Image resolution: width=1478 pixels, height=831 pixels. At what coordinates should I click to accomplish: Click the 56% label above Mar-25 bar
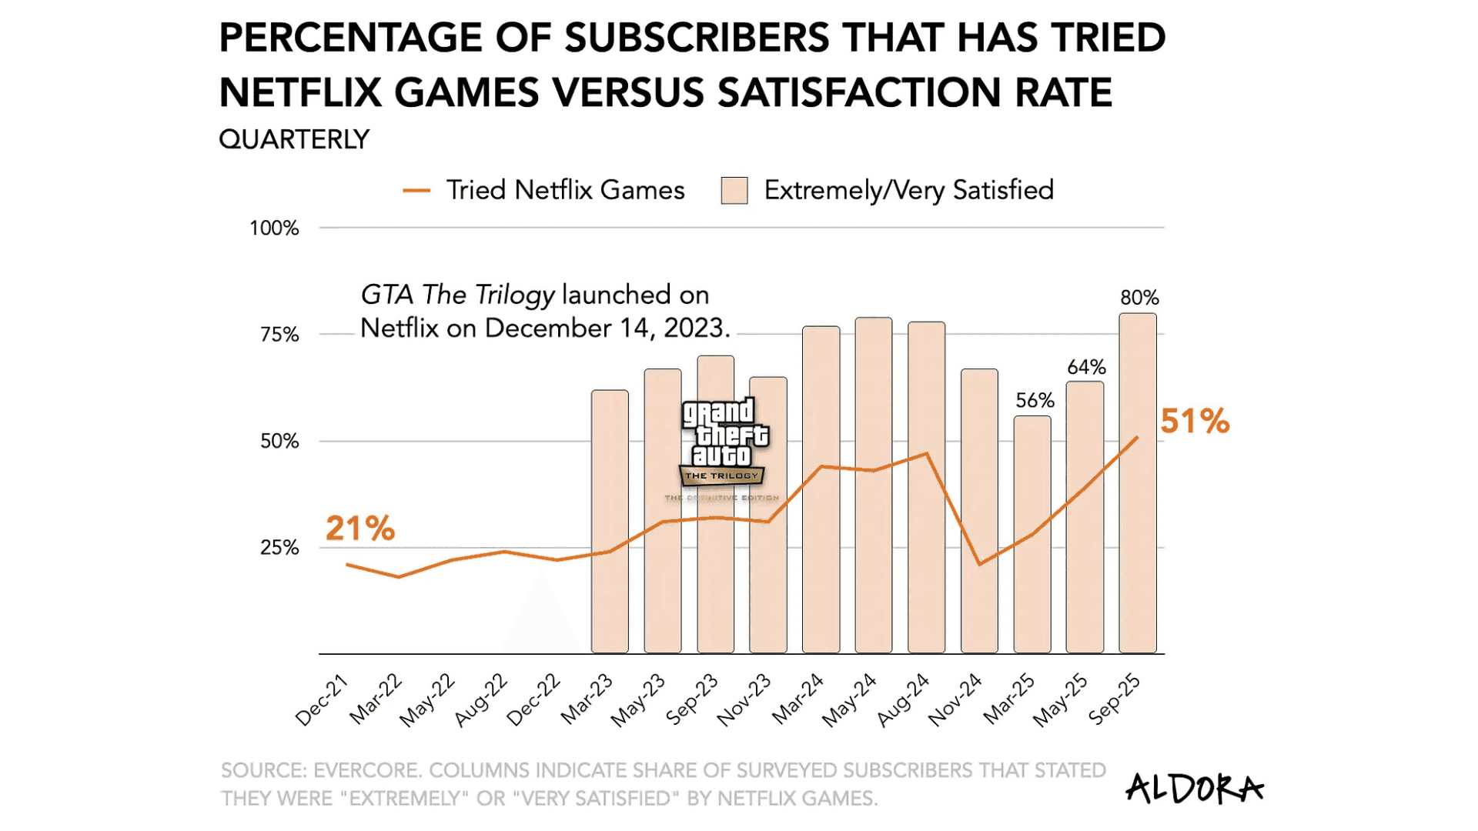(1035, 401)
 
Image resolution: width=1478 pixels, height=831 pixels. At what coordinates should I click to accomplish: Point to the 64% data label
(1086, 367)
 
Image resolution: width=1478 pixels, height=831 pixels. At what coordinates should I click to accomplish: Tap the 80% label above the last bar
(1139, 298)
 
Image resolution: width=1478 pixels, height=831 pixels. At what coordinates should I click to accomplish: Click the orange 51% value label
(1195, 422)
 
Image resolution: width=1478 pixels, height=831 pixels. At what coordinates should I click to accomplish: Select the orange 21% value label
(359, 529)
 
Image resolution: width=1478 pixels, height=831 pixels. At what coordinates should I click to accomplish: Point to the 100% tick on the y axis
(274, 229)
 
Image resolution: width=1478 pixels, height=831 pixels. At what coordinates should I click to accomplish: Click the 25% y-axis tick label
(279, 548)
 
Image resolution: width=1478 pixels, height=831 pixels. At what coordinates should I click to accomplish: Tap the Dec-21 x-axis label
(323, 700)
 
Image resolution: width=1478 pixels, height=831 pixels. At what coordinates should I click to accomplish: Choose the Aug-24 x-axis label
(904, 700)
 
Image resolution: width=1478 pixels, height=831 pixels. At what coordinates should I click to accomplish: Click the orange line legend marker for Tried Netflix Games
(416, 191)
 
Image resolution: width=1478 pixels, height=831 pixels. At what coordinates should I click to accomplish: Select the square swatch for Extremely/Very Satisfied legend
(734, 191)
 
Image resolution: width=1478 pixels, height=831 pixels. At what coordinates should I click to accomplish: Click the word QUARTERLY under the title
(294, 140)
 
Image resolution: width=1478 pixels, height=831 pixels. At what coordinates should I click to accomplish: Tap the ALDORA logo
(1194, 789)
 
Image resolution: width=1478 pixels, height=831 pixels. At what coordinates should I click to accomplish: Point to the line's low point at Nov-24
(979, 565)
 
